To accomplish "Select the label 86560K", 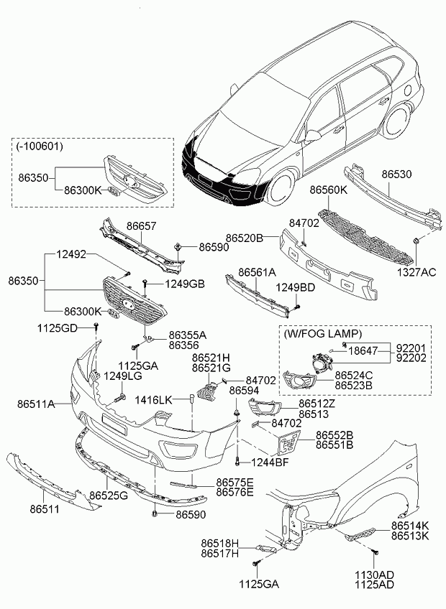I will [x=329, y=190].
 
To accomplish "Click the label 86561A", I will [x=258, y=273].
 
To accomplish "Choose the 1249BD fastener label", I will [x=296, y=287].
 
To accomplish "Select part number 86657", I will [x=141, y=226].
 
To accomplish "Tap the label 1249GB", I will [x=185, y=284].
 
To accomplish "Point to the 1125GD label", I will [x=58, y=328].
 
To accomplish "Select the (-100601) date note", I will [x=40, y=146].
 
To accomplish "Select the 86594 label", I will [x=243, y=390].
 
